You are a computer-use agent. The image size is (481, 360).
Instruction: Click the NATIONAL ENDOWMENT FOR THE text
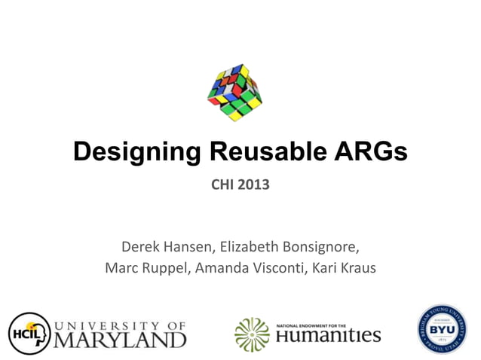[x=311, y=324]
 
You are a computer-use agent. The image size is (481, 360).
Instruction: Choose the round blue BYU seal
[x=443, y=330]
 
